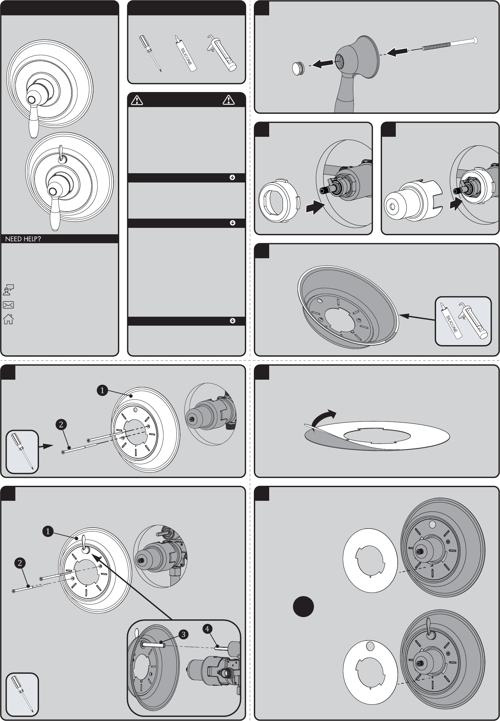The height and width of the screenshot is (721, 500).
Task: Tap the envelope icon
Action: click(x=8, y=305)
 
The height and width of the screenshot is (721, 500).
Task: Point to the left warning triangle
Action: click(x=137, y=100)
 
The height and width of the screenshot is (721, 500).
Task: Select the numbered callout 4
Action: click(x=207, y=629)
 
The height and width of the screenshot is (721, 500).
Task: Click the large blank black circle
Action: click(x=303, y=606)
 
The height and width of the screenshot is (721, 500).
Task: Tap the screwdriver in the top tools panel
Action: click(x=150, y=53)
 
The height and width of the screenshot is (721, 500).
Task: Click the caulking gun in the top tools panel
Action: click(x=221, y=53)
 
